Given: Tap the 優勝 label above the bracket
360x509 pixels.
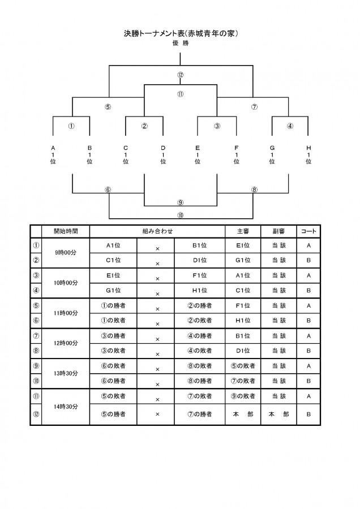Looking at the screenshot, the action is (x=181, y=43).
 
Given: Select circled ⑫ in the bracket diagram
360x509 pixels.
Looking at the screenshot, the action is (x=181, y=75).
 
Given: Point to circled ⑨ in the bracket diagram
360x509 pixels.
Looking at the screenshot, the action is (x=181, y=202).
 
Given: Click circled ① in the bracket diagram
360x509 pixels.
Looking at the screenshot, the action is (x=71, y=126).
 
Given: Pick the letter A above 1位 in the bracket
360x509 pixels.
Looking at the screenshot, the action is (x=53, y=148).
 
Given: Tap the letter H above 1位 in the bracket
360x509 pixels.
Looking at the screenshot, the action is (x=308, y=148).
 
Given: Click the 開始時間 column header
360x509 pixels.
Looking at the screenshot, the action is (x=66, y=231).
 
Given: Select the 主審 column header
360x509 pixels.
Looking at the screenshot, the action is (x=243, y=231).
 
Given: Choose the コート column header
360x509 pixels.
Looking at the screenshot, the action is (x=308, y=231).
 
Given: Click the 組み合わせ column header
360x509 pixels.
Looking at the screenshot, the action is (x=157, y=231).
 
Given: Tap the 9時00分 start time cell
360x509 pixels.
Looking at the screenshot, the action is (x=66, y=253).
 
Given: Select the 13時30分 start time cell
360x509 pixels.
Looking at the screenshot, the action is (x=66, y=373).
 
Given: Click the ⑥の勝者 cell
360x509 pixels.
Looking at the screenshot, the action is (x=113, y=381).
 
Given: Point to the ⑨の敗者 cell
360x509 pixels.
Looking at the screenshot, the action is (x=243, y=396).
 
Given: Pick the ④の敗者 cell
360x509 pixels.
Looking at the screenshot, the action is (x=199, y=351).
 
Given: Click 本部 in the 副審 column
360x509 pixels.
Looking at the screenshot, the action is (x=278, y=414).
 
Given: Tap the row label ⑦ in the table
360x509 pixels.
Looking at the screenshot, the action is (x=36, y=335).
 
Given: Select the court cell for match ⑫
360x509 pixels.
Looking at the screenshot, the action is (x=308, y=414).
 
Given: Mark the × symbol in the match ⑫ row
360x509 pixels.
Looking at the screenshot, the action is (x=157, y=414).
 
